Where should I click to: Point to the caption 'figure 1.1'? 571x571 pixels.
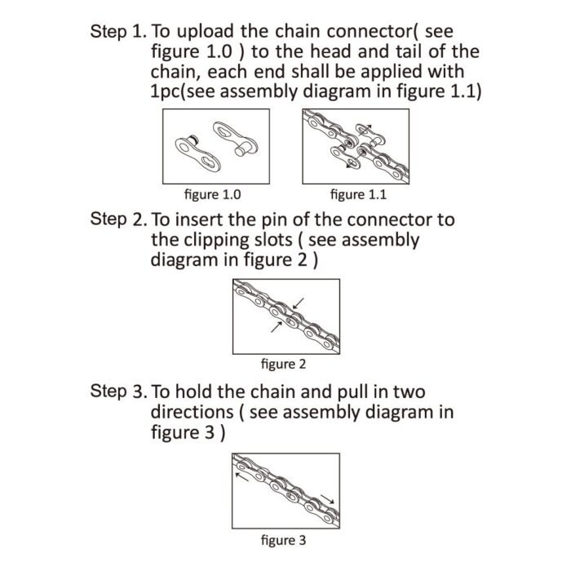click(x=358, y=195)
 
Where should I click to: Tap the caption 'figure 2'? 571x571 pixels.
click(x=283, y=363)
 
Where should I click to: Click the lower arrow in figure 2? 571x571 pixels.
click(x=273, y=329)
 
